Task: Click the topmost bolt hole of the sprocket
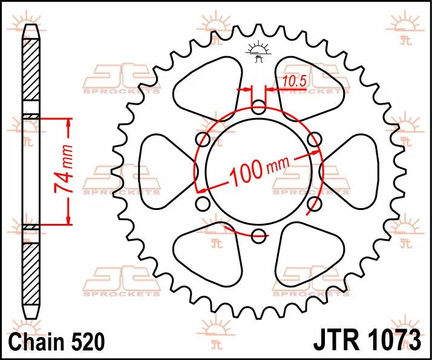(258, 109)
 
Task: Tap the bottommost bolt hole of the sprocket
(258, 235)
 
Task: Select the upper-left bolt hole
(204, 140)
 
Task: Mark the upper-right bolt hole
(313, 140)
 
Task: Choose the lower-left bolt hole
(204, 204)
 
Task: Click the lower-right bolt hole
(313, 204)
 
